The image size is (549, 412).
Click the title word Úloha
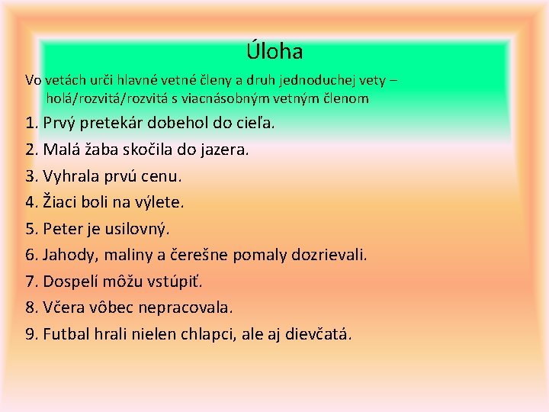coord(274,52)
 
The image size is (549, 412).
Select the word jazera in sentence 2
coord(222,150)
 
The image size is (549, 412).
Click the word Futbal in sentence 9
coord(67,334)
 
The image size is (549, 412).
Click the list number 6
coord(31,255)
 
